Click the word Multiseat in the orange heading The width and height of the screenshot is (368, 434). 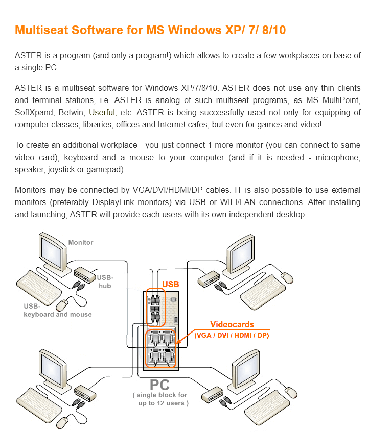pos(42,30)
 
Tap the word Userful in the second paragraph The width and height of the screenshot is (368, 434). pos(102,112)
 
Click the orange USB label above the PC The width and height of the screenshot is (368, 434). pos(171,284)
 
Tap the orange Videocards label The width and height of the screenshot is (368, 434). pos(232,324)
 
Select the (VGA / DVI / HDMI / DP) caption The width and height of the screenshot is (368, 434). pos(232,335)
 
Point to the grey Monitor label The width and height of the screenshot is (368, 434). pos(81,242)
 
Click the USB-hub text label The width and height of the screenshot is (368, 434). pos(105,282)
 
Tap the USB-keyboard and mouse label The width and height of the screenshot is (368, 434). pos(57,310)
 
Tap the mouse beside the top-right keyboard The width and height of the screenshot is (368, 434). pos(287,278)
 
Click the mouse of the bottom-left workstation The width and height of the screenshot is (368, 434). pos(62,422)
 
